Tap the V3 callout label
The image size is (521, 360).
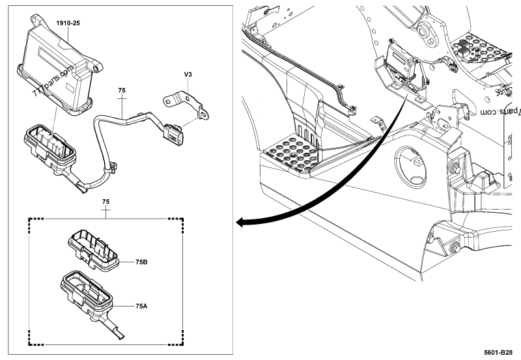click(x=188, y=76)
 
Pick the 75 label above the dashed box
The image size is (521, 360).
click(x=106, y=202)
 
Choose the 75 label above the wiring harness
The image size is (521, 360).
click(x=122, y=89)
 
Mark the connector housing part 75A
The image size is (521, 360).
click(x=87, y=294)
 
